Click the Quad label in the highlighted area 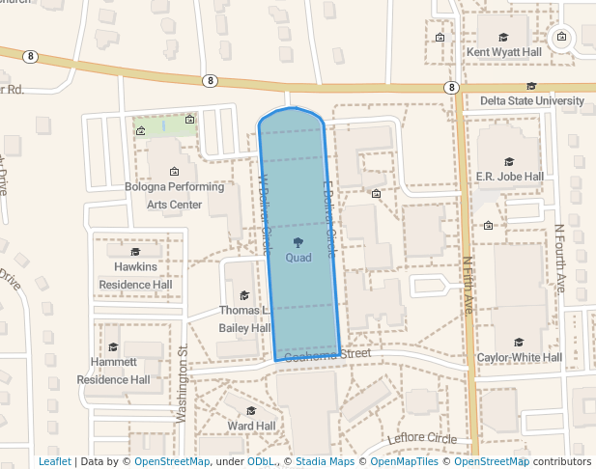pyautogui.click(x=298, y=258)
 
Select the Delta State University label pyautogui.click(x=531, y=100)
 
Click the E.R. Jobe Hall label pyautogui.click(x=510, y=177)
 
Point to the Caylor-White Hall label pyautogui.click(x=520, y=357)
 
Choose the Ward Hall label pyautogui.click(x=251, y=426)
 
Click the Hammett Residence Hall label pyautogui.click(x=114, y=371)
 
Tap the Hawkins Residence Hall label pyautogui.click(x=135, y=275)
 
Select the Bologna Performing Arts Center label pyautogui.click(x=175, y=196)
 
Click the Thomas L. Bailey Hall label pyautogui.click(x=244, y=319)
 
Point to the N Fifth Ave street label pyautogui.click(x=468, y=285)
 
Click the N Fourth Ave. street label pyautogui.click(x=560, y=259)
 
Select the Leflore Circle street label pyautogui.click(x=422, y=439)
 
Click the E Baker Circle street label pyautogui.click(x=328, y=218)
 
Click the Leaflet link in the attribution pyautogui.click(x=55, y=461)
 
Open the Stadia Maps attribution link pyautogui.click(x=325, y=461)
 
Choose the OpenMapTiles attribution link pyautogui.click(x=406, y=461)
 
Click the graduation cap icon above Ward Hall pyautogui.click(x=251, y=411)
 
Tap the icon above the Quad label pyautogui.click(x=298, y=242)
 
